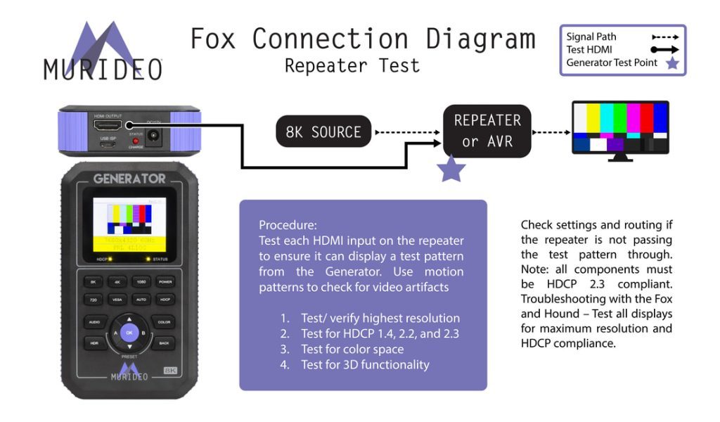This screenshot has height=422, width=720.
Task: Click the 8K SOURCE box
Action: point(323,132)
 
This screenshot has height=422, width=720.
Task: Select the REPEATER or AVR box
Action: point(487,131)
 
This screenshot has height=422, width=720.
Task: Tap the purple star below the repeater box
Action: point(451,170)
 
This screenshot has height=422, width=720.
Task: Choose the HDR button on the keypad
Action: point(94,344)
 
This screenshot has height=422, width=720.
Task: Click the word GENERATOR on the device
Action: point(129,179)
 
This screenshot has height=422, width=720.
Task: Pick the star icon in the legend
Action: point(673,63)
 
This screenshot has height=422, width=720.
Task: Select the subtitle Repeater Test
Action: point(352,66)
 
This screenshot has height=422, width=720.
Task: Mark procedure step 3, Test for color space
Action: point(352,349)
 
